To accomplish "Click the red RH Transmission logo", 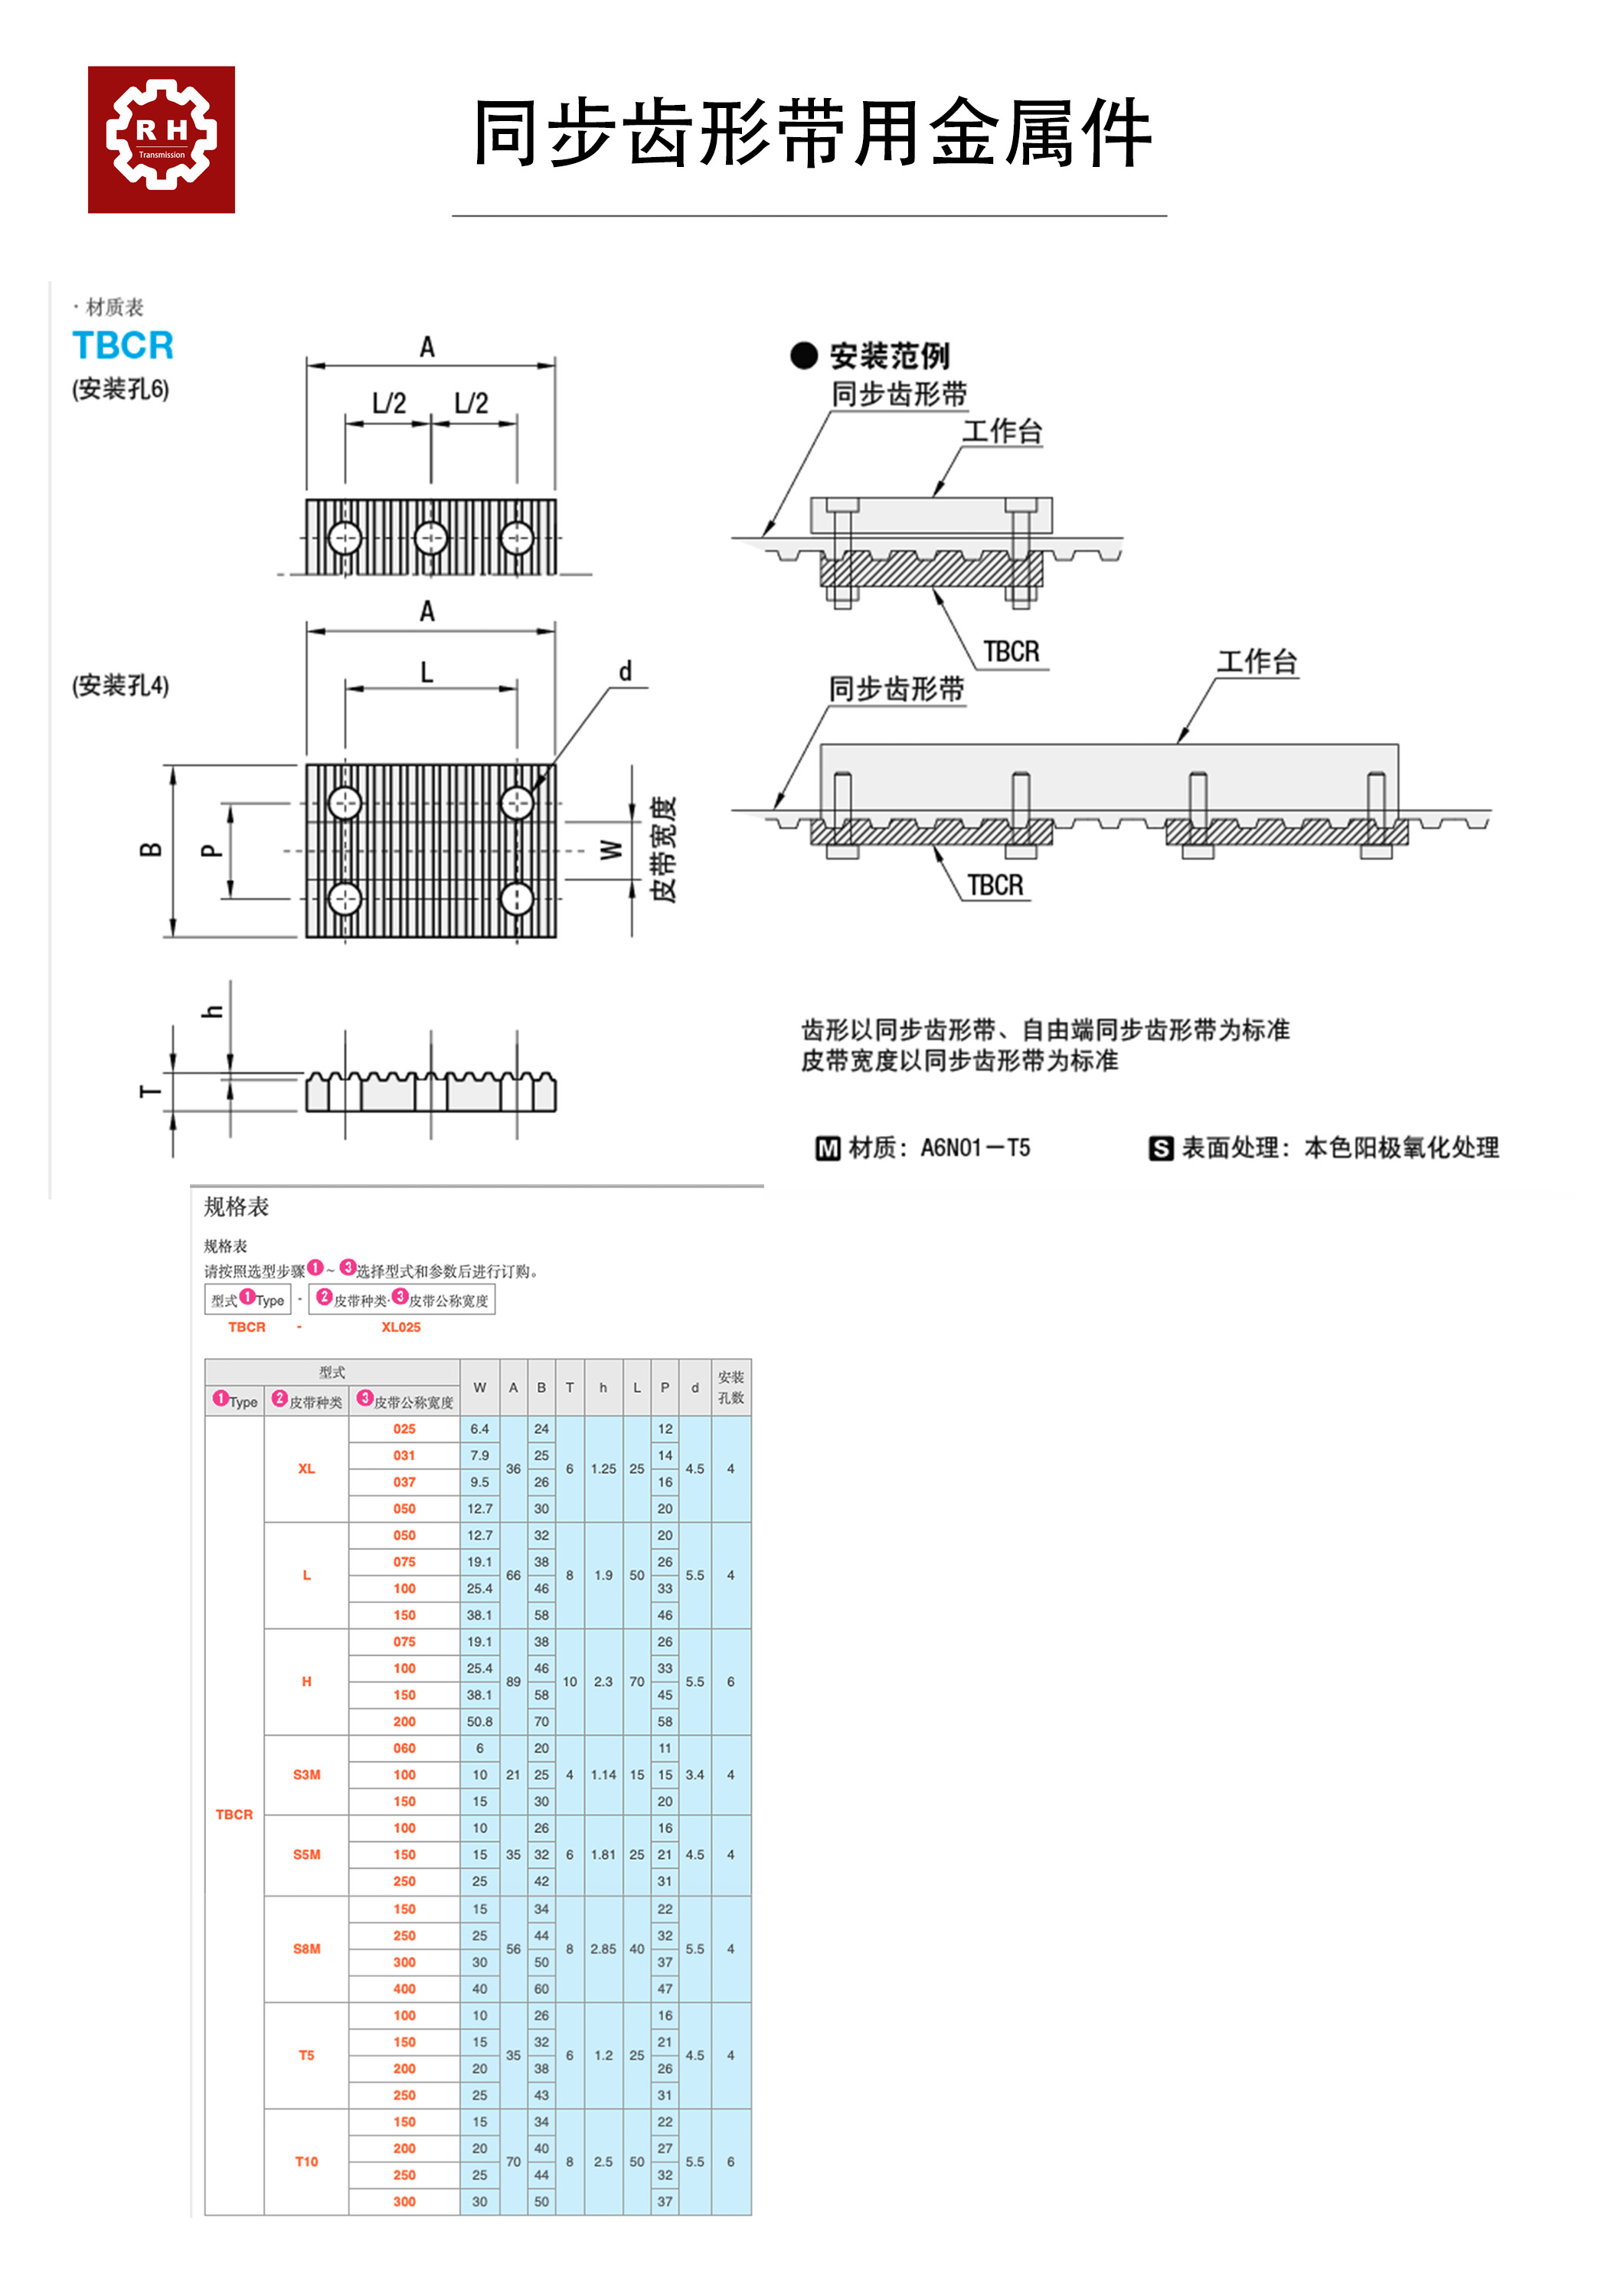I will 161,139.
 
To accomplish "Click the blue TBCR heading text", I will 123,345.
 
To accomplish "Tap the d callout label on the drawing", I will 625,672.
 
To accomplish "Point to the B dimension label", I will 151,849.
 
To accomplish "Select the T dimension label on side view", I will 151,1092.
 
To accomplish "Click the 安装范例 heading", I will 889,355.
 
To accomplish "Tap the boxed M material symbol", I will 827,1148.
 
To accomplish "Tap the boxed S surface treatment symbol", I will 1160,1148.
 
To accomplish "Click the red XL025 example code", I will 400,1327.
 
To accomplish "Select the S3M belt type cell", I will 306,1775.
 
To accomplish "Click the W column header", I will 479,1387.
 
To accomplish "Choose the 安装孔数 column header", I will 730,1387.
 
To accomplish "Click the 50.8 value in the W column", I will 479,1722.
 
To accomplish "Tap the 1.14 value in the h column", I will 603,1775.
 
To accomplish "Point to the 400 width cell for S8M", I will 404,1989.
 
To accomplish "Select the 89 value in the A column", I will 513,1681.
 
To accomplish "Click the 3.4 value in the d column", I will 695,1775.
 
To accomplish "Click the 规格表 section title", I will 236,1207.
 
